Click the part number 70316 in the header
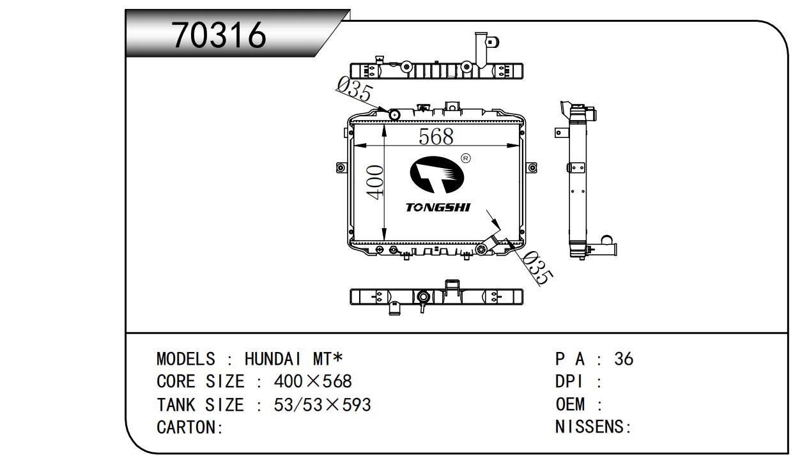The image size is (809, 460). point(219,35)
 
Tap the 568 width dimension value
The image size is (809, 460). point(436,136)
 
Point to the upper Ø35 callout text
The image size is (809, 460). point(354,90)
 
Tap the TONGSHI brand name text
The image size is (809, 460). point(438,208)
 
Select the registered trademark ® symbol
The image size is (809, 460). point(466,158)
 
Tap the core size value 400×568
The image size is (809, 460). point(312,382)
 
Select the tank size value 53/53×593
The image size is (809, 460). point(322,405)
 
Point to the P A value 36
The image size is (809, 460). point(623,359)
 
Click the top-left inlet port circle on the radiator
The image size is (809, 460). point(394,115)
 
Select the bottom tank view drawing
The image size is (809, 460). point(436,297)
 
